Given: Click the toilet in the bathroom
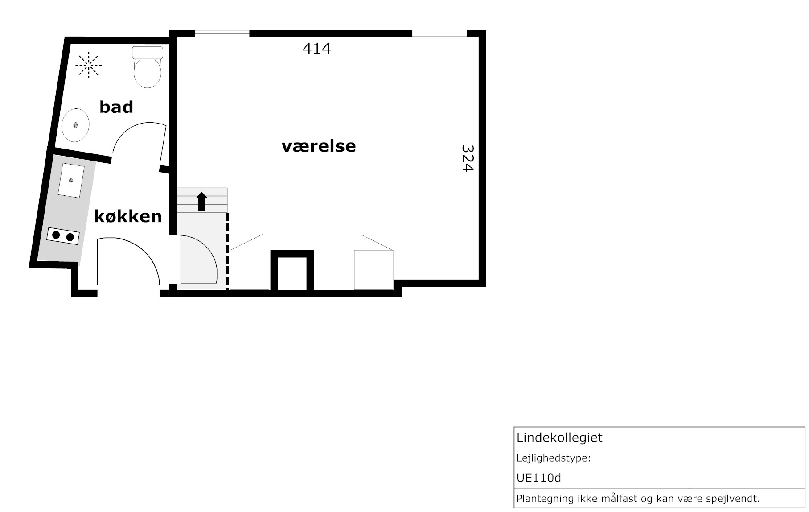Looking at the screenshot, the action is tap(148, 67).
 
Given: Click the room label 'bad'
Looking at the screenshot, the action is tap(116, 107).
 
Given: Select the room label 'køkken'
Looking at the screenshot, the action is tap(128, 216).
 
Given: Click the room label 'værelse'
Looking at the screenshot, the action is tap(319, 146).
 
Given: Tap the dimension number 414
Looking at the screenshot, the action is tap(317, 48).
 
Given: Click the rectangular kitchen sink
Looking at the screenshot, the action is tap(71, 181).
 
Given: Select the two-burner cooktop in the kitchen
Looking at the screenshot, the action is tap(63, 235).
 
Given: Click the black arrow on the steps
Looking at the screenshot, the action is tap(202, 201).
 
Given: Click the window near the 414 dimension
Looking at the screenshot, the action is tap(222, 33).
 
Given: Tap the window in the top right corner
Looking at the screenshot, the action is tap(439, 33).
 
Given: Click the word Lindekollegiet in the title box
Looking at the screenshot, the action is tap(559, 438).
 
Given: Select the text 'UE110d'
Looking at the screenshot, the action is tap(539, 478).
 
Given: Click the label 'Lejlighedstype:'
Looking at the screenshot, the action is tap(554, 458).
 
